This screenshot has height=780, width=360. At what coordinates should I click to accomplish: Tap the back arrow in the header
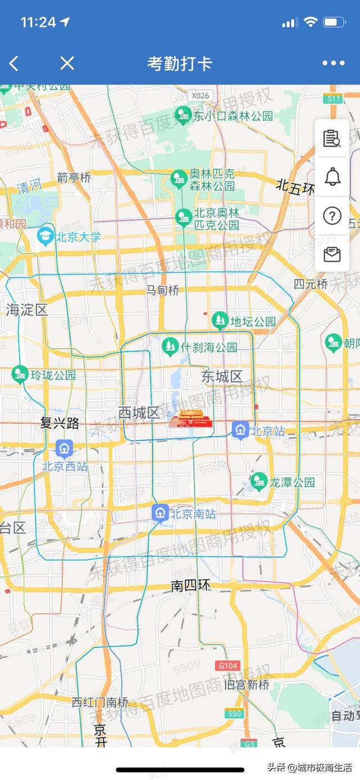(x=14, y=64)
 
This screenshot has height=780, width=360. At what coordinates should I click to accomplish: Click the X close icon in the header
(x=67, y=63)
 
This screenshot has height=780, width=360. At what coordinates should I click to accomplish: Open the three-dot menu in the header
(x=333, y=63)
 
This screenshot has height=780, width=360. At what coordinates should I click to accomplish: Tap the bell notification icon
(x=332, y=177)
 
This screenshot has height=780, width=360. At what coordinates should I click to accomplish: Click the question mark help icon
(x=332, y=216)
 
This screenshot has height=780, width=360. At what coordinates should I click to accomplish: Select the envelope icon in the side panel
(x=332, y=254)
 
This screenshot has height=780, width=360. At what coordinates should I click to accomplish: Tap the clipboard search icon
(x=332, y=138)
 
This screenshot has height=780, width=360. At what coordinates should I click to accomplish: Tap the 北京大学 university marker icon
(x=45, y=236)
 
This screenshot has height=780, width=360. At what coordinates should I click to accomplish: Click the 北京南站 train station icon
(x=160, y=513)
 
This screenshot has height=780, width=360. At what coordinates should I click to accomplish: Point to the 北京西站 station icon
(x=64, y=449)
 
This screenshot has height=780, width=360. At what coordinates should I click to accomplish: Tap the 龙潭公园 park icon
(x=259, y=482)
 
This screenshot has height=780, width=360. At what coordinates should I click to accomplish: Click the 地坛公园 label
(x=253, y=321)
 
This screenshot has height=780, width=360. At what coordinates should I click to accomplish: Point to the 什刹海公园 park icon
(x=170, y=347)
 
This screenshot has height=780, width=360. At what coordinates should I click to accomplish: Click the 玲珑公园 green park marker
(x=20, y=374)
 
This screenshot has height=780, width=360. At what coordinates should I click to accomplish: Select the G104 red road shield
(x=228, y=666)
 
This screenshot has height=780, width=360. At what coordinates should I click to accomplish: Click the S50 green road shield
(x=234, y=714)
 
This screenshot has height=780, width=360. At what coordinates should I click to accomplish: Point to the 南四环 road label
(x=191, y=586)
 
